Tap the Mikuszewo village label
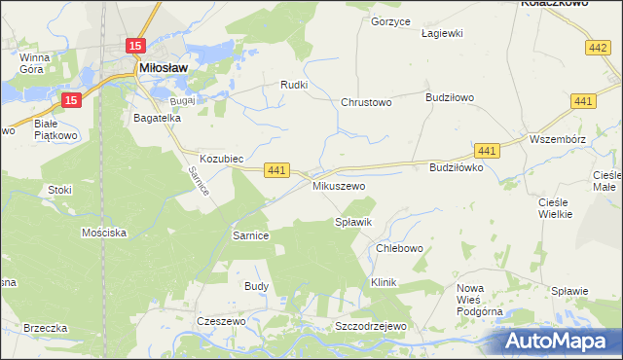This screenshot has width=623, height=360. pos(338,185)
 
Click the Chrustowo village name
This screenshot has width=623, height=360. pos(366,102)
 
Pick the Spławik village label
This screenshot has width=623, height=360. pos(353,223)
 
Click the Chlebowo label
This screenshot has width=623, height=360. pos(399,248)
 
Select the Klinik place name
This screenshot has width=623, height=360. pos(385,282)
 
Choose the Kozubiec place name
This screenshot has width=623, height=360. pos(221,158)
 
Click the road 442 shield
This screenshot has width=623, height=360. pos(599,47)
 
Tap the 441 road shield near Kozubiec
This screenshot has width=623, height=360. pos(275,170)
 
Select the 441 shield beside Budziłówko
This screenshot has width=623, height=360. pos(488,150)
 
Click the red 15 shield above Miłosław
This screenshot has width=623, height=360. pos(135,46)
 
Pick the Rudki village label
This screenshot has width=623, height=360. pos(294,85)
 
